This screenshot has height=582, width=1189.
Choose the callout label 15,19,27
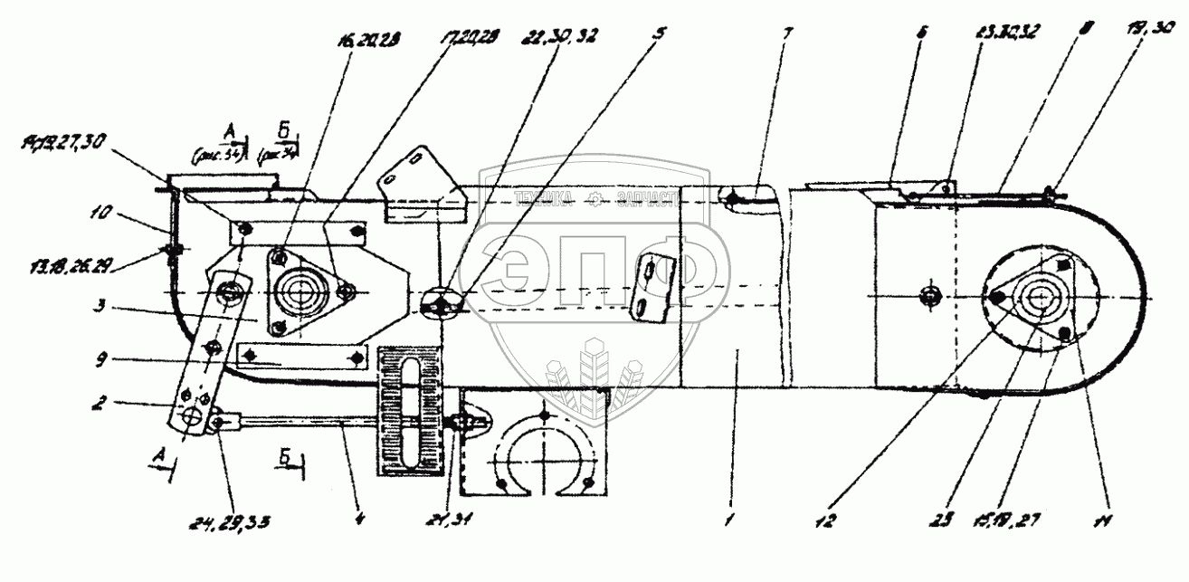pyautogui.click(x=994, y=522)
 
